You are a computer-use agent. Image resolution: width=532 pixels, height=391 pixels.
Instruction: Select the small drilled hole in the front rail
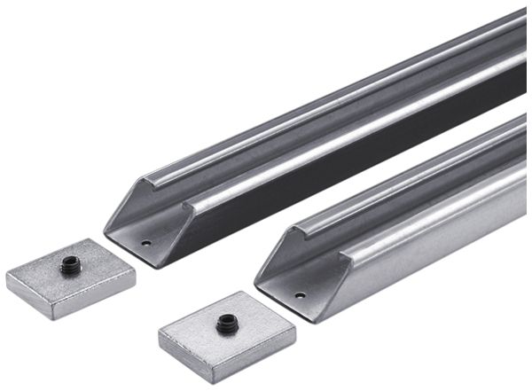(x=300, y=294)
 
